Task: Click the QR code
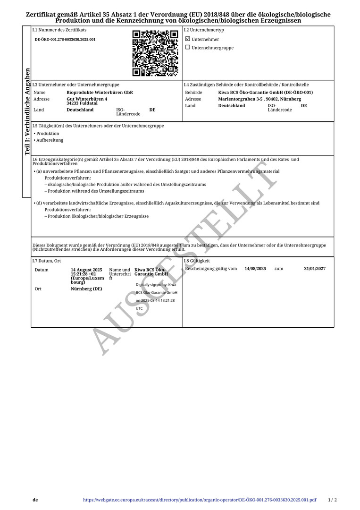coord(155,53)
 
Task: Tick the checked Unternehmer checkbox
coord(188,39)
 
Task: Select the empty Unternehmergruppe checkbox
coord(188,47)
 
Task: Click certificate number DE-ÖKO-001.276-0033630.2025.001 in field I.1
coord(65,40)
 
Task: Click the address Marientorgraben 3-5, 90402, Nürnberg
coord(260,99)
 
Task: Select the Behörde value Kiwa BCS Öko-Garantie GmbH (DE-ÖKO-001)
coord(265,93)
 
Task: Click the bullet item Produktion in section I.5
coord(48,134)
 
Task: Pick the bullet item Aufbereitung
coord(50,140)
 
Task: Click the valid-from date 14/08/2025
coord(255,269)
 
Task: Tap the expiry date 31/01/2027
coord(315,269)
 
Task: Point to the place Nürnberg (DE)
coord(86,289)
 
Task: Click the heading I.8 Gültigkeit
coord(197,261)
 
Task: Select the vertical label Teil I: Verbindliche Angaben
coord(27,112)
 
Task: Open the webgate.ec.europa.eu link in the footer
coord(200,500)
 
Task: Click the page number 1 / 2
coord(332,500)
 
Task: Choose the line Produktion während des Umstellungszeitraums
coord(96,191)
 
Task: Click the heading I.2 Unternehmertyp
coord(204,30)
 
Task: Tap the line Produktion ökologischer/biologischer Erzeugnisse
coord(98,216)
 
